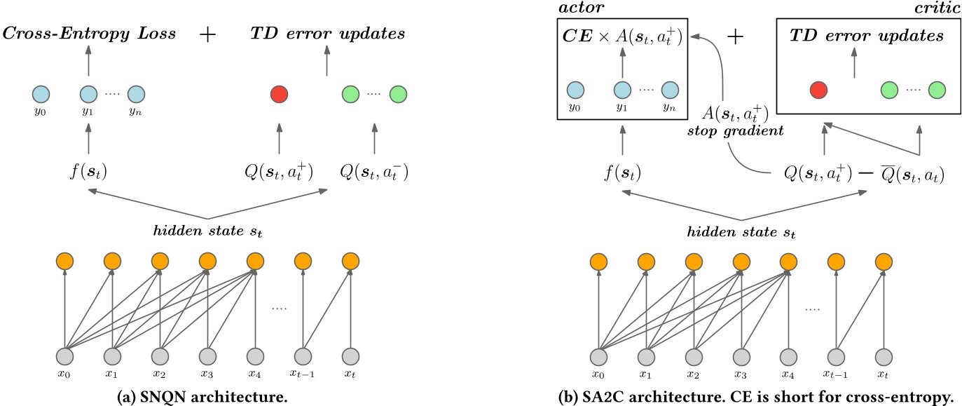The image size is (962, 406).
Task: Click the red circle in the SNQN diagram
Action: point(280,93)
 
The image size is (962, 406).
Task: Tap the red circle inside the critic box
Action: point(818,90)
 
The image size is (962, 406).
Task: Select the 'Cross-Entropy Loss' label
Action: point(89,34)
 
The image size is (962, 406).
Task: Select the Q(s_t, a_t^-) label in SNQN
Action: point(373,171)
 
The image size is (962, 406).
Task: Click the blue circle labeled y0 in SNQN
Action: point(41,93)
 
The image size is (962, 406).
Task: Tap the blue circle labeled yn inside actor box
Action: point(670,90)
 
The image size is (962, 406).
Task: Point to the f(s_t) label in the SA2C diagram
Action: point(621,172)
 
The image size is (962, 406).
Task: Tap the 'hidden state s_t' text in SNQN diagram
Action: point(206,229)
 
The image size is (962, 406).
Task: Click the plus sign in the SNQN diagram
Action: point(208,34)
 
